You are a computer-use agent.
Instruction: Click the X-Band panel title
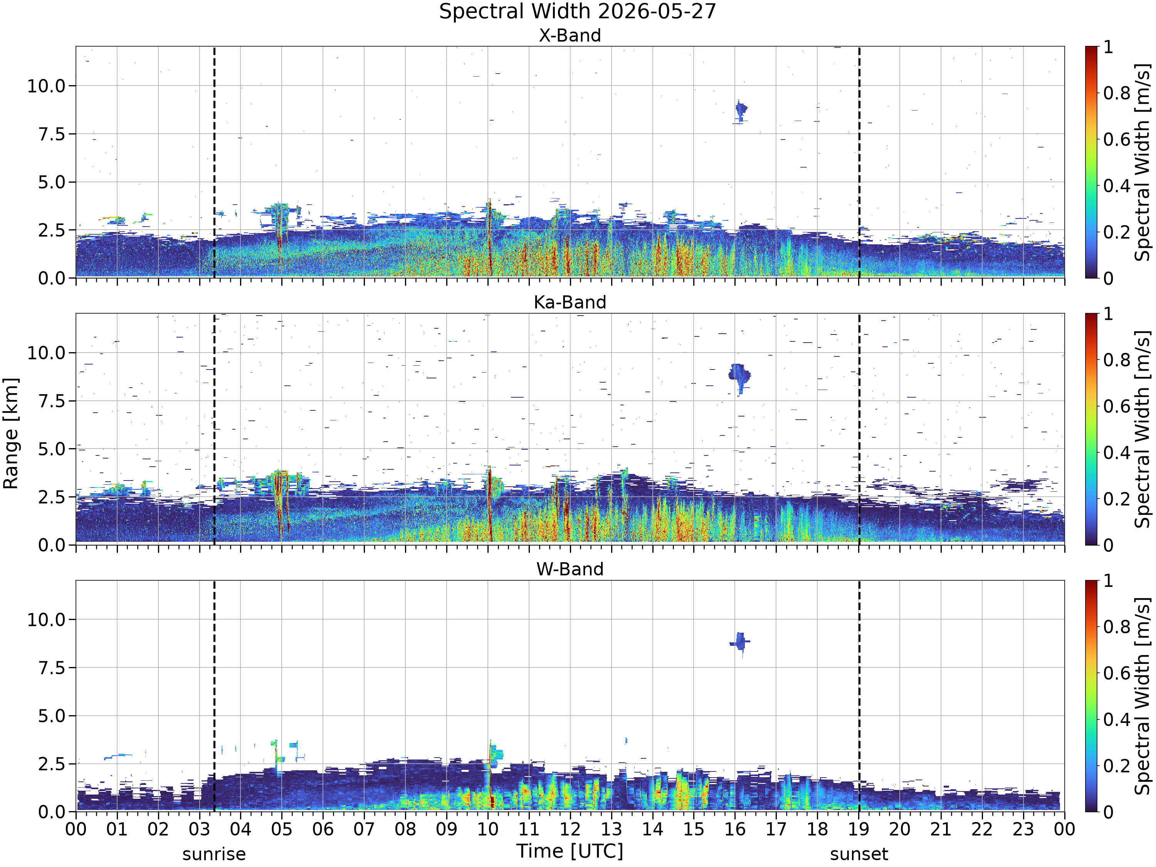(570, 35)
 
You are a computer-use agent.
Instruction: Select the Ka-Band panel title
(570, 302)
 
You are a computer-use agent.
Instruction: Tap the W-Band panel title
(570, 569)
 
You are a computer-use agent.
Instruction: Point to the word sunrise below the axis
(214, 854)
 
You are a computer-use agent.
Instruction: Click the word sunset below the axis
(859, 854)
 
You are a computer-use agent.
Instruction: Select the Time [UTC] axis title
(570, 851)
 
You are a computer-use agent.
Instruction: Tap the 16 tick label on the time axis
(735, 829)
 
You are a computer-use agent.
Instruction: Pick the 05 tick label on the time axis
(282, 829)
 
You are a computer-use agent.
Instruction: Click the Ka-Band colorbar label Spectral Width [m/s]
(1143, 429)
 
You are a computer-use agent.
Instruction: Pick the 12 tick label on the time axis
(570, 829)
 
